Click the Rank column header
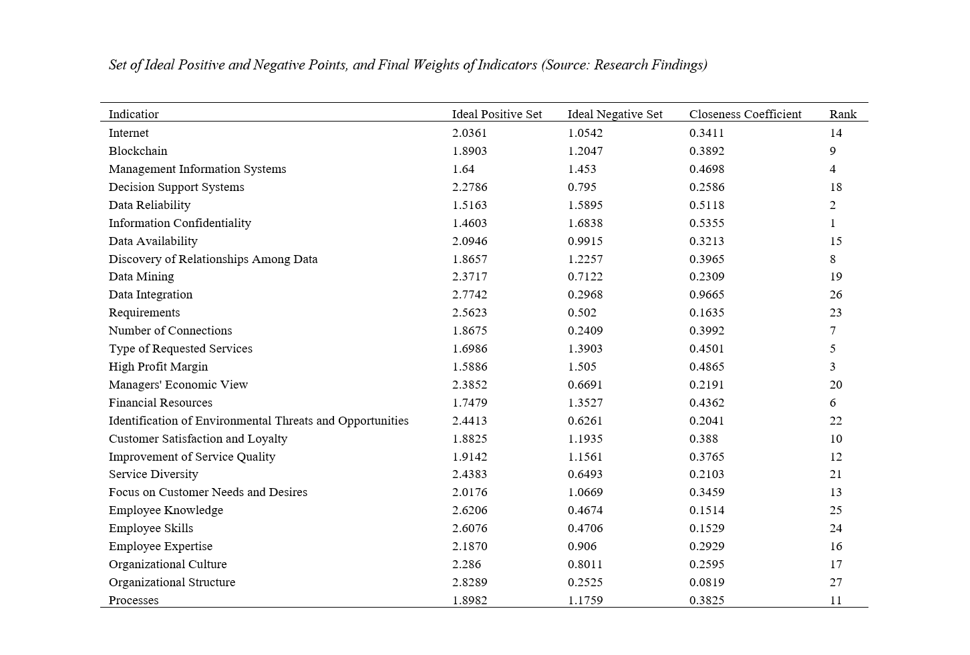pyautogui.click(x=842, y=114)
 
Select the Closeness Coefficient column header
pyautogui.click(x=745, y=114)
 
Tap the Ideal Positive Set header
pyautogui.click(x=496, y=114)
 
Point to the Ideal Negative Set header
pyautogui.click(x=615, y=114)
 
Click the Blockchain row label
pyautogui.click(x=138, y=151)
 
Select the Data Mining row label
pyautogui.click(x=141, y=276)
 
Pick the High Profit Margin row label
pyautogui.click(x=158, y=367)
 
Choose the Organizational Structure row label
pyautogui.click(x=172, y=582)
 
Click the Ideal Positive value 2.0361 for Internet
pyautogui.click(x=469, y=133)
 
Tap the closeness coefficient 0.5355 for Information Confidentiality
pyautogui.click(x=706, y=223)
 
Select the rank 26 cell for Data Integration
pyautogui.click(x=835, y=294)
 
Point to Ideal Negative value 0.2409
pyautogui.click(x=585, y=331)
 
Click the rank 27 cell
pyautogui.click(x=835, y=582)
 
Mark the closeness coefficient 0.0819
pyautogui.click(x=706, y=582)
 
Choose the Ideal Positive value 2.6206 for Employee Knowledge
pyautogui.click(x=469, y=510)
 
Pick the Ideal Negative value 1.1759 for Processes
pyautogui.click(x=585, y=600)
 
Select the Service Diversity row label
pyautogui.click(x=153, y=474)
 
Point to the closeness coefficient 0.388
pyautogui.click(x=703, y=439)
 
